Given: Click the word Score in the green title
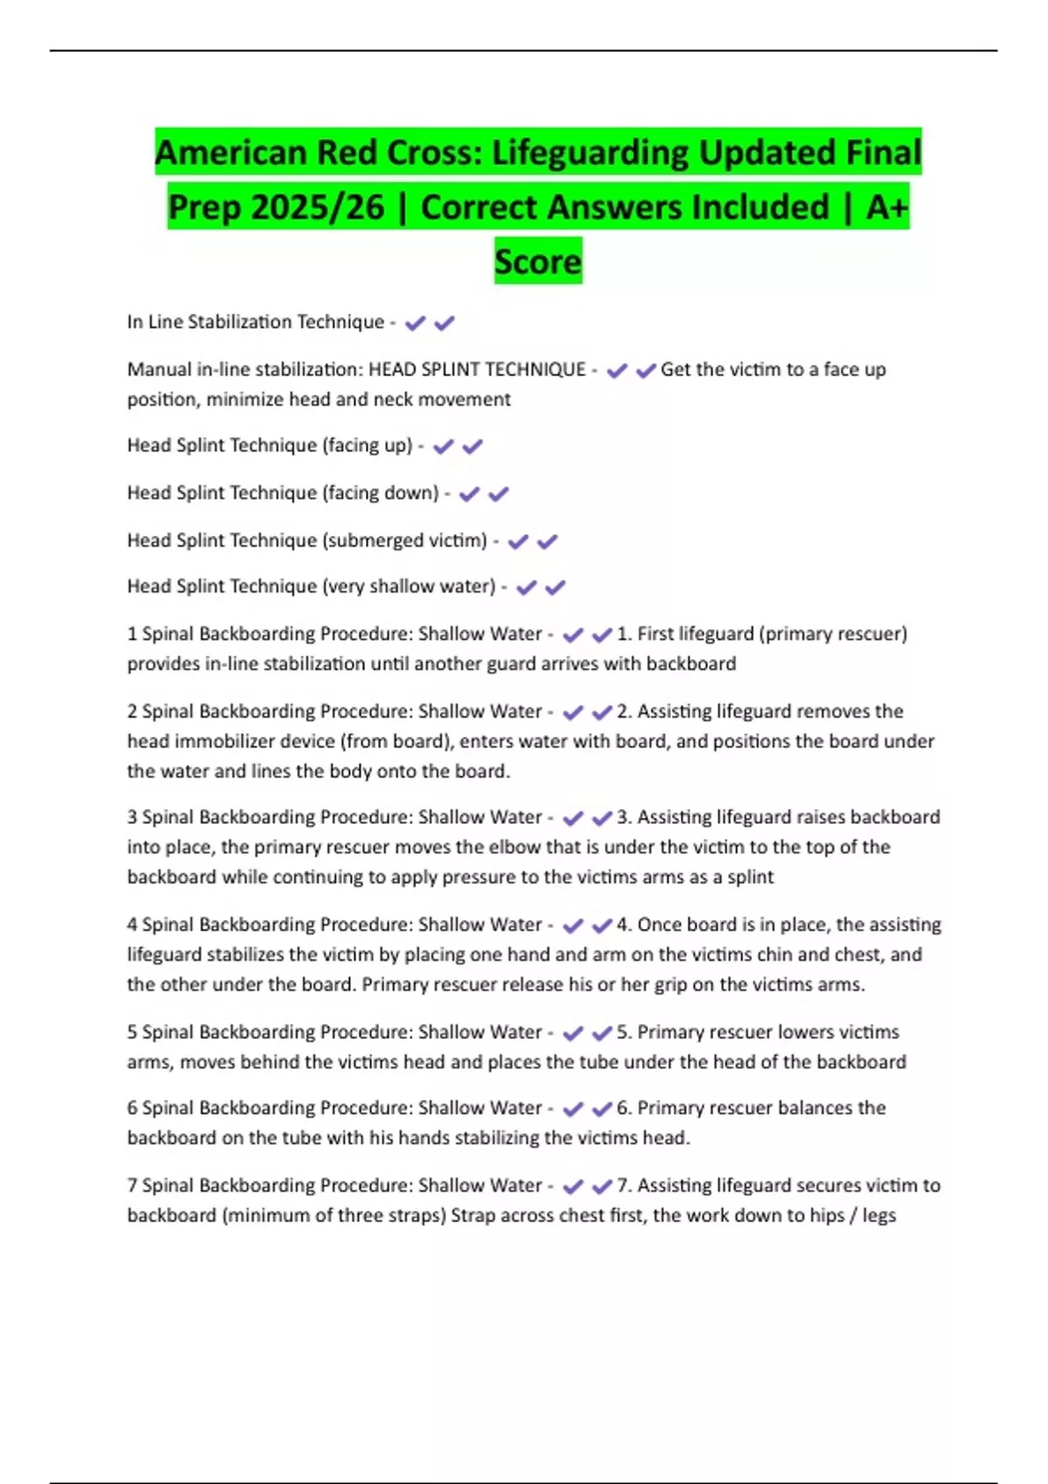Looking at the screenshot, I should [538, 261].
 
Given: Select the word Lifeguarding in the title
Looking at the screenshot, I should [590, 153].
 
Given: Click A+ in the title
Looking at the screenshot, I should [887, 207].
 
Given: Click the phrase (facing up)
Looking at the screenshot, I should [368, 445].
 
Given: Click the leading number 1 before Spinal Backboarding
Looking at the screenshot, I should [132, 634].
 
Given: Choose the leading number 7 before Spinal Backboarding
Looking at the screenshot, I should [132, 1185].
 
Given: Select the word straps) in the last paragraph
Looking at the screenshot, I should [415, 1215].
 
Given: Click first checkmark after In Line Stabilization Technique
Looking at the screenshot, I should [415, 323].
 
